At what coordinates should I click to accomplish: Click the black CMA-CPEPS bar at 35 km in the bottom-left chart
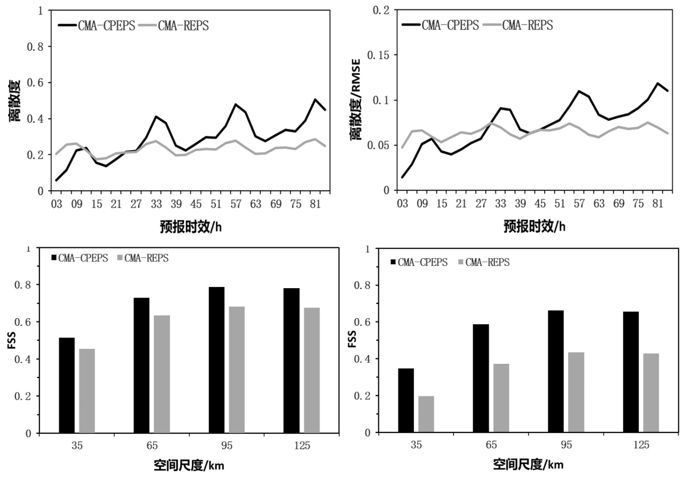67,385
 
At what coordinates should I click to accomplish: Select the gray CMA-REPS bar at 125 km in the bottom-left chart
312,370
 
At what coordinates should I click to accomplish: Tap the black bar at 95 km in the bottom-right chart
555,372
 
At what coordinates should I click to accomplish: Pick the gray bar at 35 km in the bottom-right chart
426,414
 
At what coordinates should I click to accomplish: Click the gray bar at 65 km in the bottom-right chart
501,398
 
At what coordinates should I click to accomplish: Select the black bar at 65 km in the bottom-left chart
142,365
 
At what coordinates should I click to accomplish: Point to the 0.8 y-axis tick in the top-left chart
35,47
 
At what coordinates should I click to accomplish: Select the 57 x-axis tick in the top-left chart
236,204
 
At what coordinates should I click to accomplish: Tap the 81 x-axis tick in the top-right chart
657,204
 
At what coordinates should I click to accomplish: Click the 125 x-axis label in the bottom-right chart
641,445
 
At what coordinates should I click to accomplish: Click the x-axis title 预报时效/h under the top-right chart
534,226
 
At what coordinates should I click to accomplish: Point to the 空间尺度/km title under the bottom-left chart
189,465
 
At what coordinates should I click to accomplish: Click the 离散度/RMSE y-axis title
355,99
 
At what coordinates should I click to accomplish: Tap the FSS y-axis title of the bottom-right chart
352,339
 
